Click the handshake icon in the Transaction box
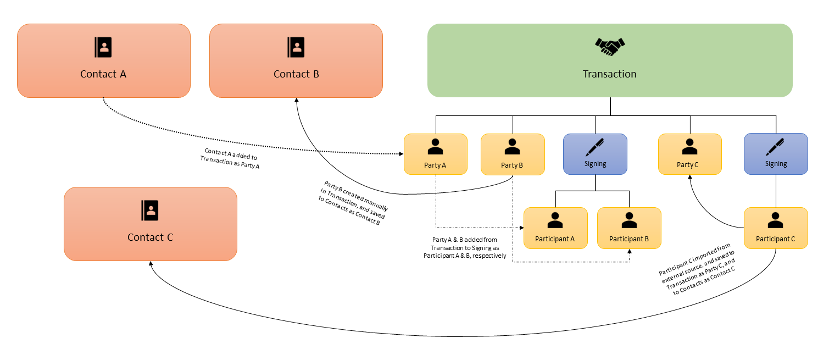click(610, 47)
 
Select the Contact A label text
click(103, 74)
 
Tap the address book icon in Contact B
click(296, 47)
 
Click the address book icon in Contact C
click(150, 210)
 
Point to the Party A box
click(435, 154)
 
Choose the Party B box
click(512, 154)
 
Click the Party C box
click(690, 154)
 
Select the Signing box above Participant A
click(595, 154)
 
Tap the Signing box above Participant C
click(776, 154)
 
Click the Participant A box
click(555, 228)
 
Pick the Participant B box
click(629, 228)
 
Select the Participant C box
click(776, 228)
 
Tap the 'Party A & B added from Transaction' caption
click(465, 247)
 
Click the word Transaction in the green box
click(610, 74)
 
